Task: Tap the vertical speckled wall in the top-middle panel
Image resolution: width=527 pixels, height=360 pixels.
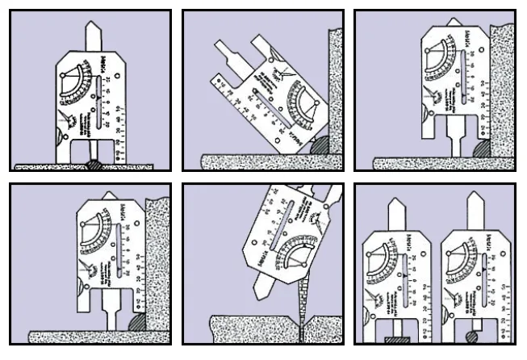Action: point(335,81)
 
